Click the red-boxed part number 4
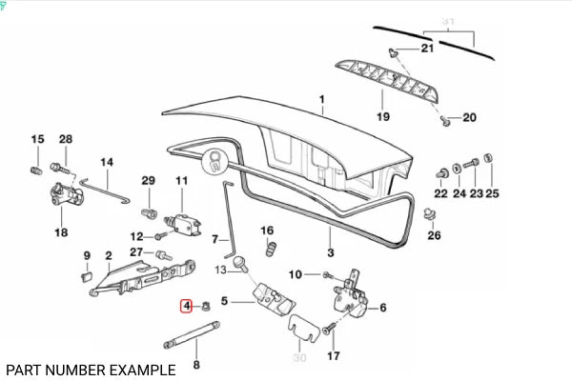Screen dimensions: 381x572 [188, 307]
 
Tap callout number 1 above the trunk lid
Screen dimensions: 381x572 [322, 100]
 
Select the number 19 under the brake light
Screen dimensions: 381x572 [383, 117]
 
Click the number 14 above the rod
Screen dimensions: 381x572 [107, 162]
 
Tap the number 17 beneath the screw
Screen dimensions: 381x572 [333, 356]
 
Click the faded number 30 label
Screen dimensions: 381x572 [298, 357]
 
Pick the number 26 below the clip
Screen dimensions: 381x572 [435, 235]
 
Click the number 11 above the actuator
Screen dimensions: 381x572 [181, 181]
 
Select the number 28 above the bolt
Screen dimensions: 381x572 [65, 140]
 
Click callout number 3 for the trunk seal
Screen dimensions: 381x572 [331, 252]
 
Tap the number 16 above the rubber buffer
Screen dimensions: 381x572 [267, 231]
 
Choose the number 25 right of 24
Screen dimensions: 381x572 [492, 194]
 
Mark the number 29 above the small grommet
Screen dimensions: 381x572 [148, 181]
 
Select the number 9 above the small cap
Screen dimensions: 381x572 [87, 255]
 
